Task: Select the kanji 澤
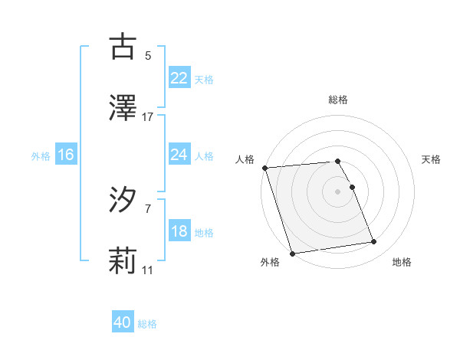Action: click(123, 108)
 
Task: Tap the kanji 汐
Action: click(123, 201)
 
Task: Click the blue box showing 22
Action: click(179, 77)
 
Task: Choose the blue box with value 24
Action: click(179, 155)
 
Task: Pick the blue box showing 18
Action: click(179, 231)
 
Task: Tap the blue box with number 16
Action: click(65, 155)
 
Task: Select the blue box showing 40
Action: click(123, 323)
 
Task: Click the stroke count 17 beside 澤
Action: click(148, 117)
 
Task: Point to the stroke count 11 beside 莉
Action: click(148, 271)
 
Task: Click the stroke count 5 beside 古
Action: click(148, 55)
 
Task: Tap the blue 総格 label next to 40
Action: click(147, 324)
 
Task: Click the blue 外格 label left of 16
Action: click(41, 155)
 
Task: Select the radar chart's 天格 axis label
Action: click(432, 159)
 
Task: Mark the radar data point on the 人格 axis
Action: click(264, 168)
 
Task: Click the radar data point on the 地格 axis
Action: click(374, 242)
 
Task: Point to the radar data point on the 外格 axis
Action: click(292, 252)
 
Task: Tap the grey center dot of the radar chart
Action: click(337, 191)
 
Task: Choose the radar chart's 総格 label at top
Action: click(338, 100)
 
